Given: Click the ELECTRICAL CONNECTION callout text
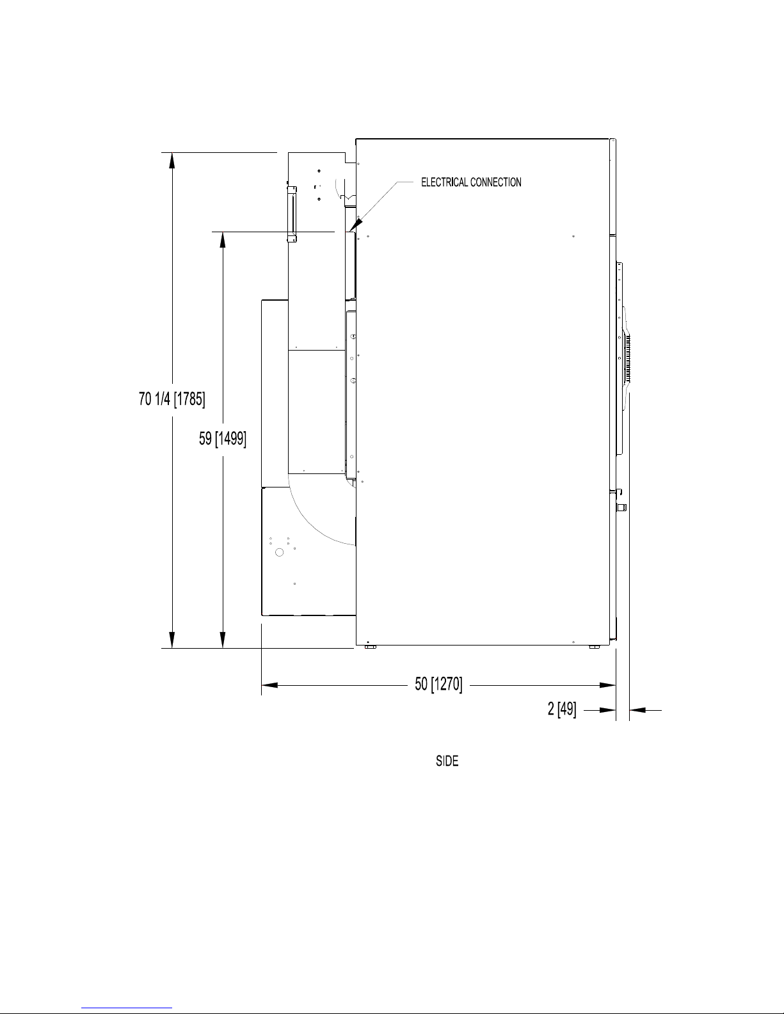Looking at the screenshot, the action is coord(471,182).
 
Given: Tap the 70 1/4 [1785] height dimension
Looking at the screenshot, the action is coord(172,399).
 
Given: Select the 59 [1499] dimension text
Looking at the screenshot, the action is coord(223,439).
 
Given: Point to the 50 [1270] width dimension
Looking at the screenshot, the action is coord(438,684).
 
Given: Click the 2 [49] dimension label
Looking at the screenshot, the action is coord(562,709).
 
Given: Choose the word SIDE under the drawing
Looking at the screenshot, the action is coord(447,761).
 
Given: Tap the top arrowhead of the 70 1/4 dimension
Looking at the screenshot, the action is coord(172,153).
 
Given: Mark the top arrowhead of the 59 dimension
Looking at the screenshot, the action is coord(223,232).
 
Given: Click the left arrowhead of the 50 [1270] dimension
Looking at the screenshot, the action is coord(262,685).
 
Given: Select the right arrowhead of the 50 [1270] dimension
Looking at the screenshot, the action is coord(615,685).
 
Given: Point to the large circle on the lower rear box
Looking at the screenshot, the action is coord(280,553).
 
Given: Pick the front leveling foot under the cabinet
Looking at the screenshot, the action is coord(594,647).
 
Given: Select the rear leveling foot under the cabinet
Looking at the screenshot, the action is coord(371,647).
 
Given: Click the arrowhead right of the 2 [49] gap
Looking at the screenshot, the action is coord(637,710).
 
